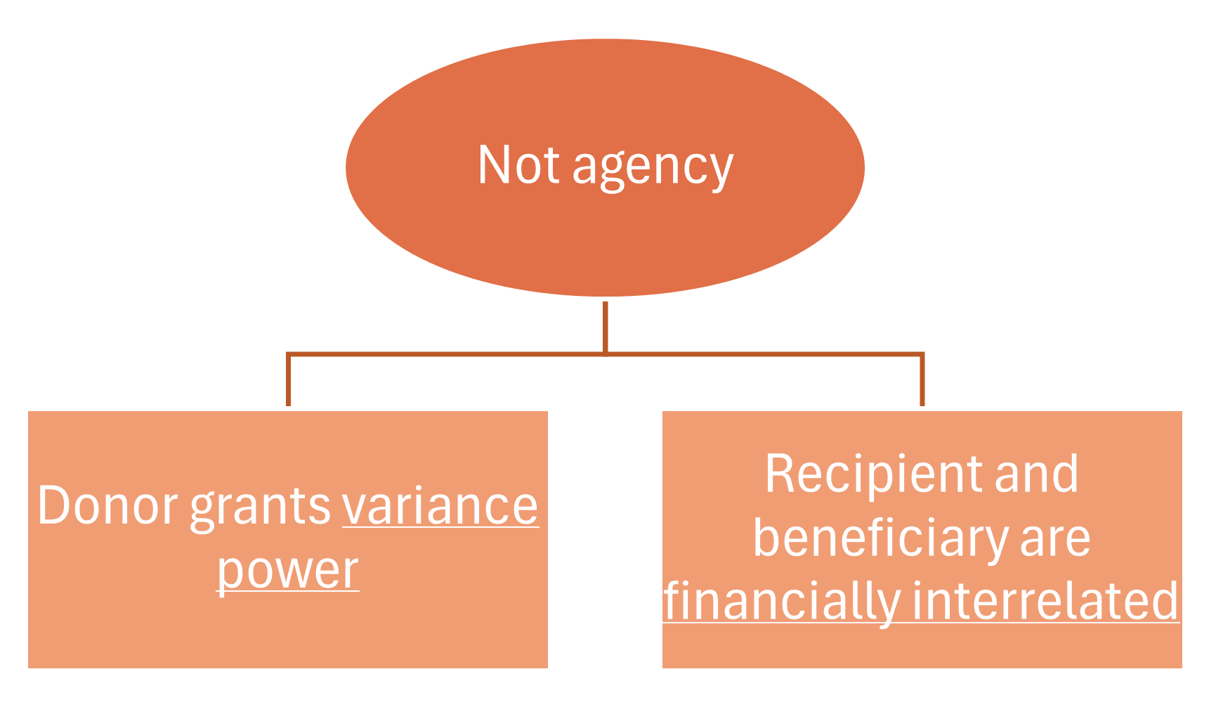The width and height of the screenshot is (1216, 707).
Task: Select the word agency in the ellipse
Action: [x=653, y=169]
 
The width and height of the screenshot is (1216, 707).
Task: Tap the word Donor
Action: [x=107, y=506]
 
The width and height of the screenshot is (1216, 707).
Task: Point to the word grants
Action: [x=260, y=507]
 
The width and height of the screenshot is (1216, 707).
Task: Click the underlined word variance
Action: [x=440, y=506]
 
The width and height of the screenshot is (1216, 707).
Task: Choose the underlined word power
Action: [x=287, y=571]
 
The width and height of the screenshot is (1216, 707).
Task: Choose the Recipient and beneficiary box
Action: [x=922, y=647]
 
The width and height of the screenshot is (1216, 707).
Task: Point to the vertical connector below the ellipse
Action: [x=605, y=327]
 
